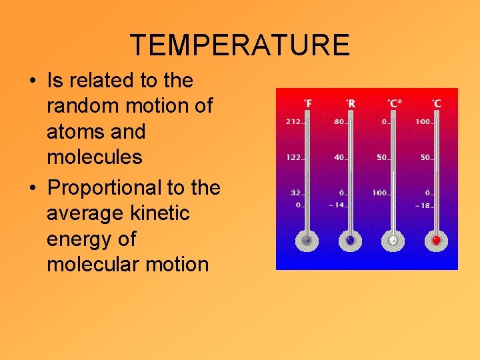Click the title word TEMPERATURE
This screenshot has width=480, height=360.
pyautogui.click(x=239, y=45)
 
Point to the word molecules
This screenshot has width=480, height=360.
pyautogui.click(x=94, y=157)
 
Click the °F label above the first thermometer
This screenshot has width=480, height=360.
pyautogui.click(x=309, y=103)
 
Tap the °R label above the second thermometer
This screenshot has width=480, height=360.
pyautogui.click(x=351, y=103)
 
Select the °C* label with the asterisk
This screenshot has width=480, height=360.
pyautogui.click(x=394, y=103)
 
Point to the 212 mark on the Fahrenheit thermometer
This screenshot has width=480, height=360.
pyautogui.click(x=293, y=122)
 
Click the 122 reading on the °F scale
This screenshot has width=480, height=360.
pyautogui.click(x=293, y=157)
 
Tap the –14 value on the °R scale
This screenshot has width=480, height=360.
pyautogui.click(x=337, y=205)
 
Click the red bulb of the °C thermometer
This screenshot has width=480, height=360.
pyautogui.click(x=436, y=240)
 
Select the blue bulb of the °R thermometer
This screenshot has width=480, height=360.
pyautogui.click(x=350, y=240)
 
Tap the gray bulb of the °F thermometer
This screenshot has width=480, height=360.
pyautogui.click(x=307, y=240)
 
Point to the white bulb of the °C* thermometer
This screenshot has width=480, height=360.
pyautogui.click(x=393, y=240)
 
